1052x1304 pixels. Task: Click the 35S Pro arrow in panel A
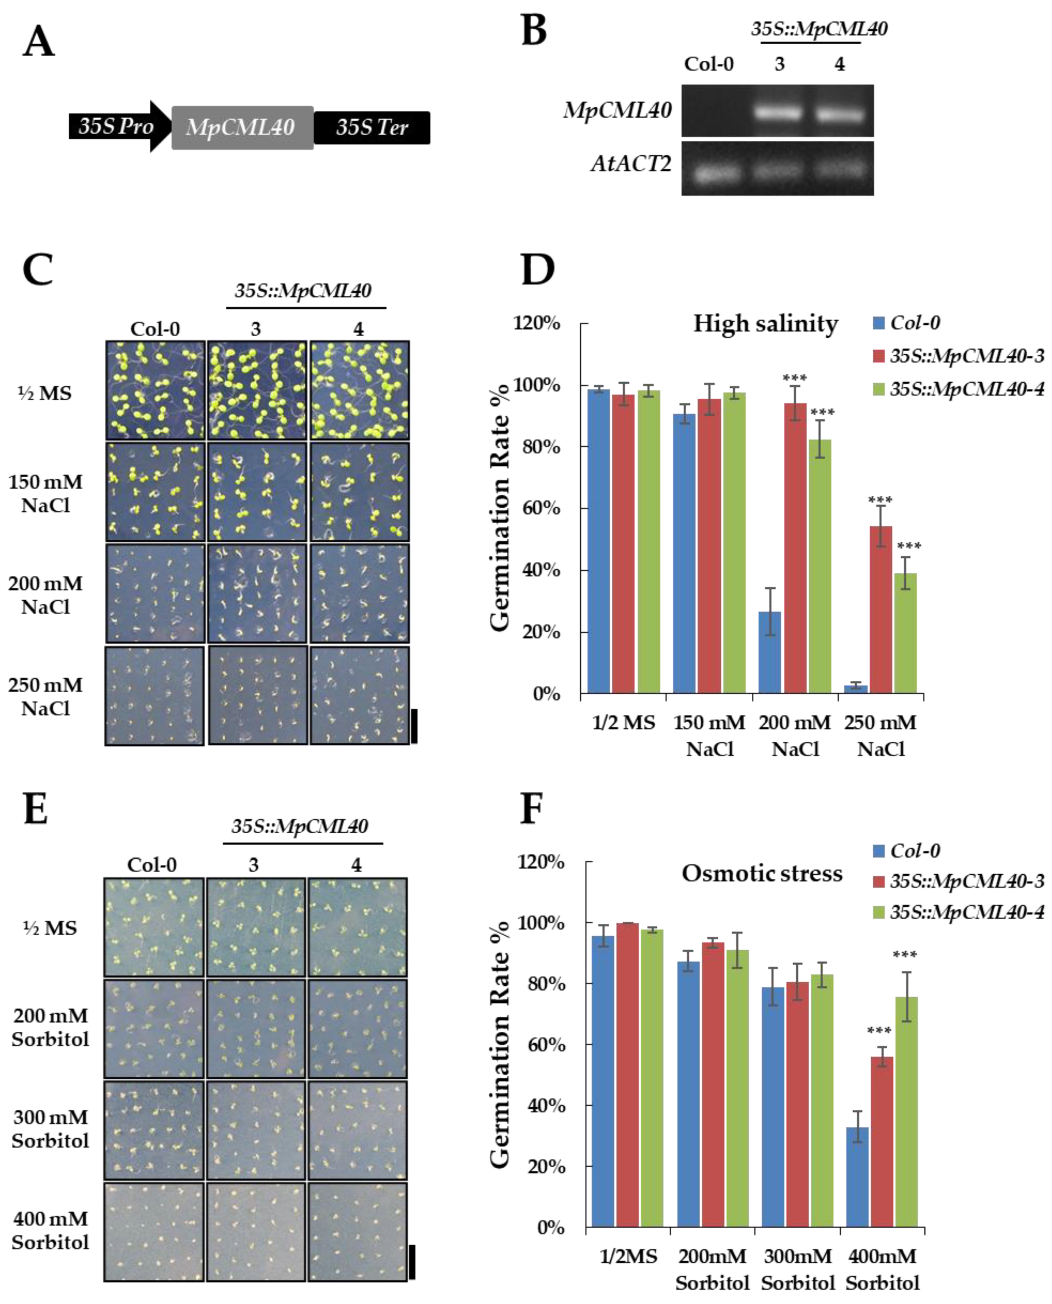(115, 126)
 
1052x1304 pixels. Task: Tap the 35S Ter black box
(372, 127)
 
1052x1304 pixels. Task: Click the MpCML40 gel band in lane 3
(779, 113)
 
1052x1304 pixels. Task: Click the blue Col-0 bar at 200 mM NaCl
(769, 652)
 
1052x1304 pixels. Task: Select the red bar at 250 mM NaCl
(881, 609)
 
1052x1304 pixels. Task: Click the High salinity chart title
(765, 324)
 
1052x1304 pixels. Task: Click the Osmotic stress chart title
(762, 874)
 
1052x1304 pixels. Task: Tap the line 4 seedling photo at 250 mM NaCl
(359, 695)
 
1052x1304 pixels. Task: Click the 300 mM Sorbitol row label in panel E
(50, 1129)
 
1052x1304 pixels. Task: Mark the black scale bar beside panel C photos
(414, 726)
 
